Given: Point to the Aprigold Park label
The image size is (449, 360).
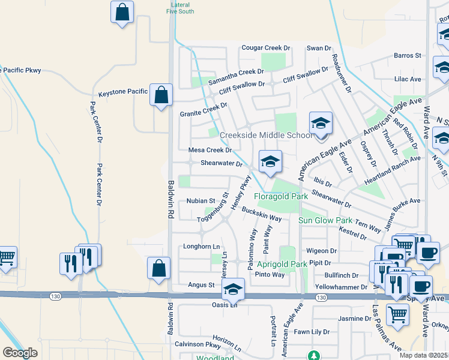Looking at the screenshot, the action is (282, 264).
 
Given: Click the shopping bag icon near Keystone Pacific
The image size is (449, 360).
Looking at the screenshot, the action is (161, 95).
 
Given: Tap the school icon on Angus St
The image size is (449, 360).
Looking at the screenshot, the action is (232, 290).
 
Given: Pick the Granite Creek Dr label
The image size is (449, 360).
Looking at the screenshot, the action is (203, 110).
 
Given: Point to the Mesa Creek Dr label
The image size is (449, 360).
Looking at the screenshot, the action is (210, 150).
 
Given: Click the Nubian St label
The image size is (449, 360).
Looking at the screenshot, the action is (200, 201).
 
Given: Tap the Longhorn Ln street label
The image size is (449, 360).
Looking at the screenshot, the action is (201, 247).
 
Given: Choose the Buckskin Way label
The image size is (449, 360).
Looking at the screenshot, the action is (262, 213).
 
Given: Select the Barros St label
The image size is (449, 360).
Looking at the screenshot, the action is (408, 55).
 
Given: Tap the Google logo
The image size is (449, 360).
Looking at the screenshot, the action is (20, 352).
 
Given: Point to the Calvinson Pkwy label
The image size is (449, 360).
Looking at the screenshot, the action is (197, 345).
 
